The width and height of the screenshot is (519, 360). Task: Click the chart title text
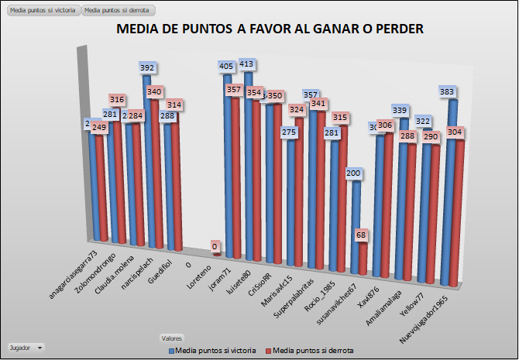(270, 29)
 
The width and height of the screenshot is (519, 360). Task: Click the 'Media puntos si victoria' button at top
(41, 10)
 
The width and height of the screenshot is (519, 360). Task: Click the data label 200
(353, 173)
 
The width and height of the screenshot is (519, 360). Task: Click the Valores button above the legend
(171, 338)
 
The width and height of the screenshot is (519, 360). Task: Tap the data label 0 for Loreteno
(214, 246)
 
